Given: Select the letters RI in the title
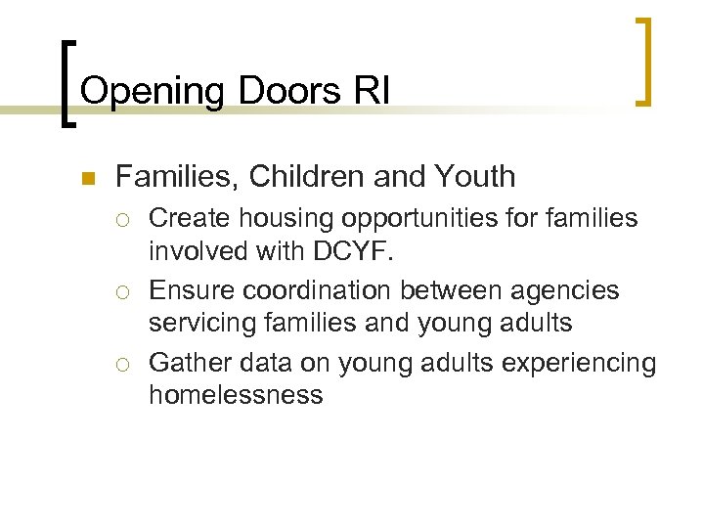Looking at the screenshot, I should coord(372,91).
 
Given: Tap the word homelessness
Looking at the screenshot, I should coord(236,395).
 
